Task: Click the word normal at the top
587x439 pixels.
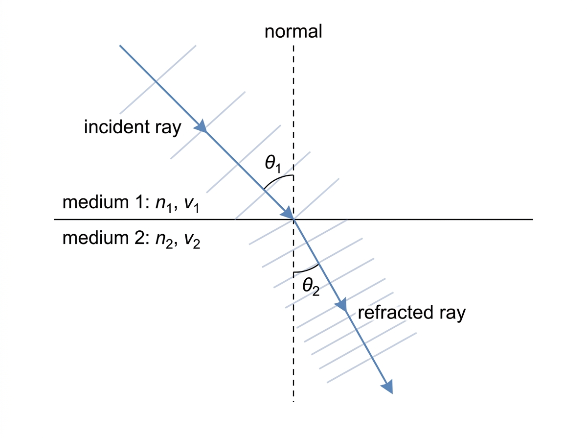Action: pyautogui.click(x=293, y=31)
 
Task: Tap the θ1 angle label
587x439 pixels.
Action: pyautogui.click(x=273, y=164)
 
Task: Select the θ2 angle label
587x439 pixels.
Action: pyautogui.click(x=311, y=287)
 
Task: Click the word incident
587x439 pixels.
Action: pyautogui.click(x=117, y=127)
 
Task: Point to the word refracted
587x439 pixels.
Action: pyautogui.click(x=395, y=312)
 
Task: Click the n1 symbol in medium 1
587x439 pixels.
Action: pyautogui.click(x=163, y=204)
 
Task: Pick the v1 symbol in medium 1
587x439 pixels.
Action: pyautogui.click(x=192, y=204)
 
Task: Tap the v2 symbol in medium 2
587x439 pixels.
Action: pyautogui.click(x=192, y=240)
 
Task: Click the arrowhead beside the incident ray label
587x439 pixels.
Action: pyautogui.click(x=202, y=127)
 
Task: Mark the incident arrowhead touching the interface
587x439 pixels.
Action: pyautogui.click(x=288, y=214)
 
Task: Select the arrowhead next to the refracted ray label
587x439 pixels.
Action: pyautogui.click(x=342, y=305)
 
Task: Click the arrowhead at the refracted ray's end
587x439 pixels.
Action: pyautogui.click(x=387, y=387)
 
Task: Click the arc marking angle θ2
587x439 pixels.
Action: pyautogui.click(x=308, y=270)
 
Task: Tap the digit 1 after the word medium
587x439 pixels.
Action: pyautogui.click(x=140, y=202)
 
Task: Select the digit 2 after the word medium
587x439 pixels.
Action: pyautogui.click(x=140, y=238)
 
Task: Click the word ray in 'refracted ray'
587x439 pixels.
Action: pyautogui.click(x=452, y=314)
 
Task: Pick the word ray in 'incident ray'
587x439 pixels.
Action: pyautogui.click(x=168, y=128)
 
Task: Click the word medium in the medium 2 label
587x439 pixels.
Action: pyautogui.click(x=95, y=238)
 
